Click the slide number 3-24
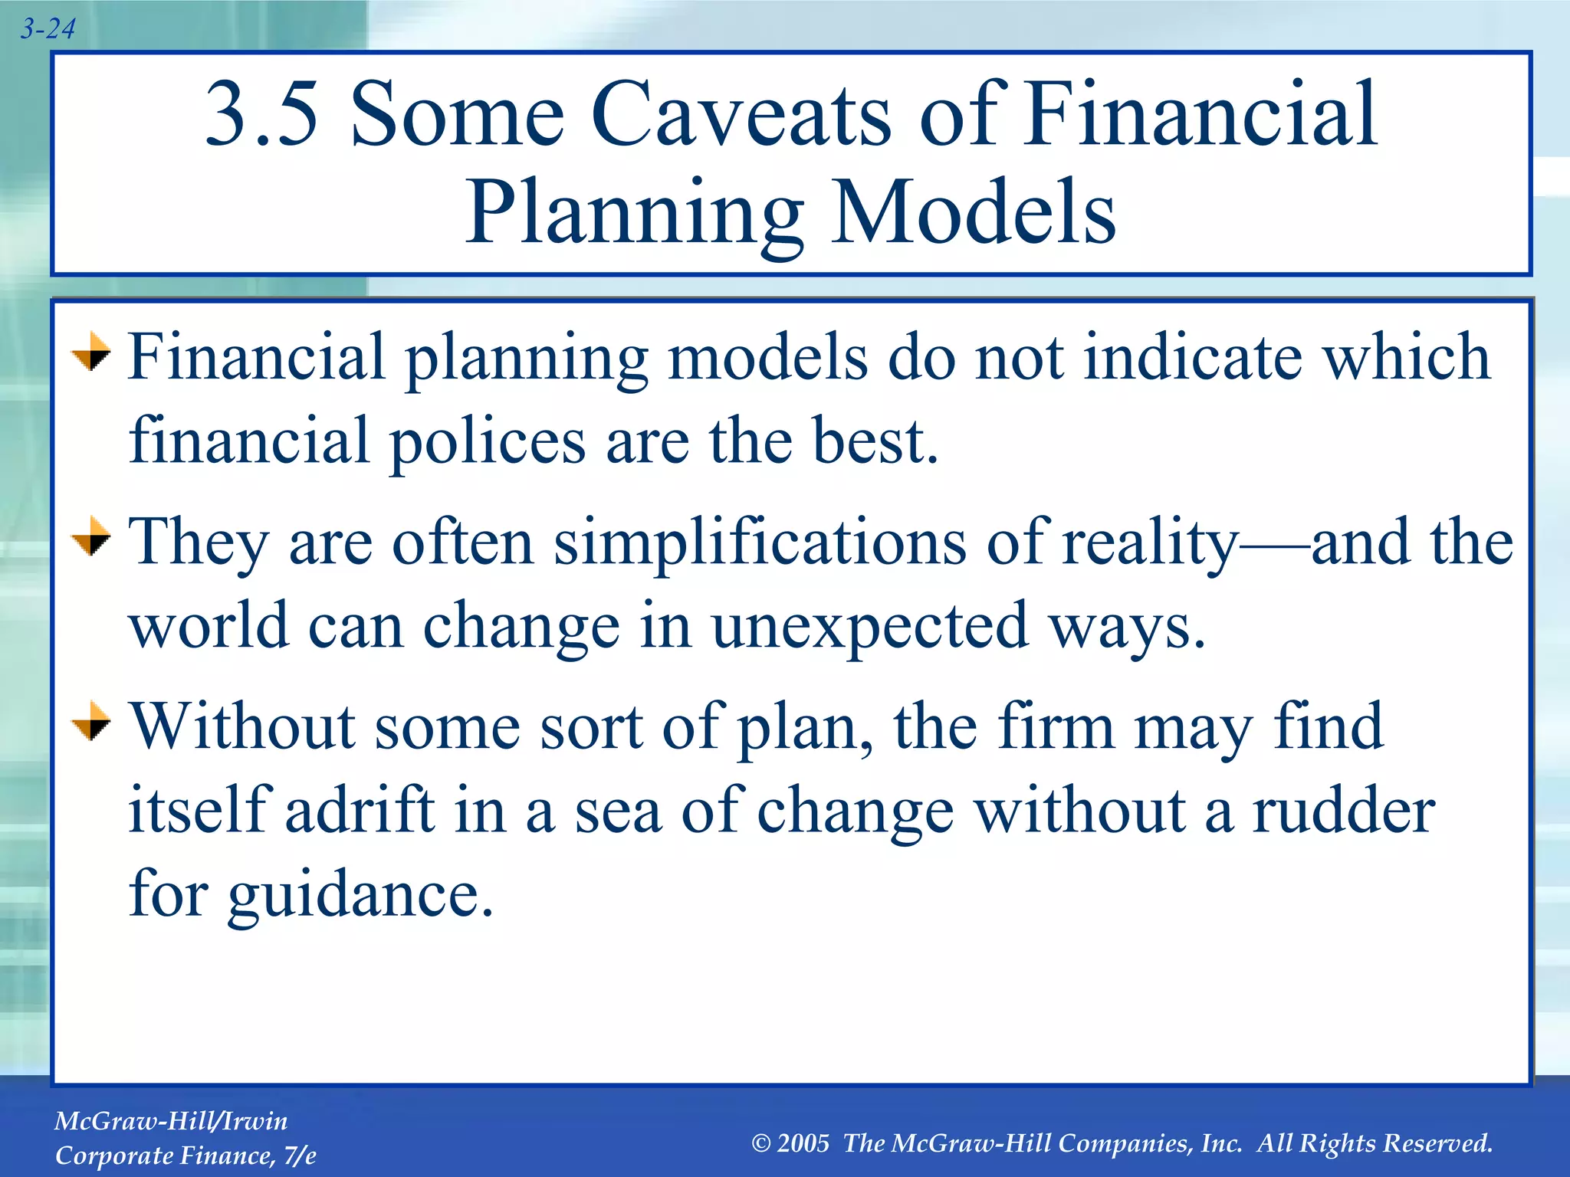(x=48, y=29)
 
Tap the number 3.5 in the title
(x=261, y=115)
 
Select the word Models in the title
(x=974, y=213)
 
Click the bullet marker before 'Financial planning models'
(x=91, y=352)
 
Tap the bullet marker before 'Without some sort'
(x=91, y=721)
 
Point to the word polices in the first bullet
(x=488, y=442)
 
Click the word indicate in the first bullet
(x=1192, y=357)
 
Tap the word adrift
(x=360, y=811)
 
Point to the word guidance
(x=360, y=897)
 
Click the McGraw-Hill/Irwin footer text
(x=171, y=1121)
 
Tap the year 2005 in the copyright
(x=803, y=1143)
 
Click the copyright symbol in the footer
(x=760, y=1144)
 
